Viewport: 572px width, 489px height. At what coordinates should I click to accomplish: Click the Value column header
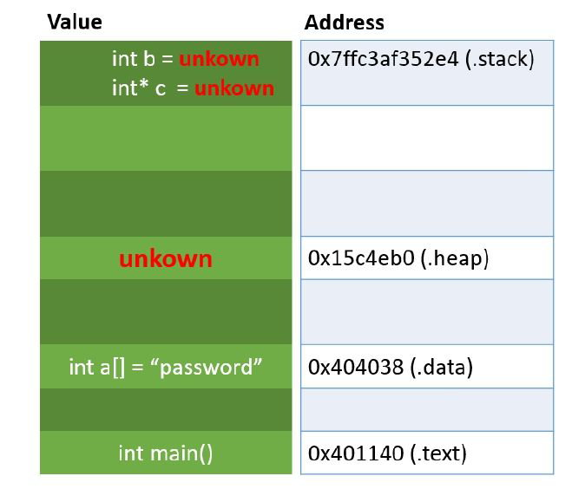[x=75, y=22]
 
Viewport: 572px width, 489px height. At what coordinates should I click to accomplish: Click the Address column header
[x=345, y=23]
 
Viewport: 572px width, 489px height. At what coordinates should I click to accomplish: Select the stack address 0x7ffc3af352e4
[x=383, y=59]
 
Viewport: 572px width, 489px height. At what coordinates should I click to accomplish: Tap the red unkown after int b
[x=220, y=59]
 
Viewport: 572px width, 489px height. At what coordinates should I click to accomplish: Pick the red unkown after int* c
[x=234, y=88]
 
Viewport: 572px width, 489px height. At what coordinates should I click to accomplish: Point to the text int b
[x=134, y=59]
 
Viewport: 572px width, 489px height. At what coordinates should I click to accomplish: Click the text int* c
[x=139, y=88]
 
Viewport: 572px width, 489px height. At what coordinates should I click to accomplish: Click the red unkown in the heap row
[x=166, y=259]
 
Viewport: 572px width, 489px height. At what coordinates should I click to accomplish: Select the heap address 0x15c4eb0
[x=361, y=258]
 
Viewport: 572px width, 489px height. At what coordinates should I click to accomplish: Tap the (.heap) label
[x=455, y=258]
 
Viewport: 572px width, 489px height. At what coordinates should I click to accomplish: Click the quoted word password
[x=206, y=367]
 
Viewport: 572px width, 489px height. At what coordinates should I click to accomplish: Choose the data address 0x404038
[x=356, y=367]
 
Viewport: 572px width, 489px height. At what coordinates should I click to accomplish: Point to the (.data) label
[x=442, y=368]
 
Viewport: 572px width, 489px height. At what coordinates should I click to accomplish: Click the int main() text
[x=166, y=453]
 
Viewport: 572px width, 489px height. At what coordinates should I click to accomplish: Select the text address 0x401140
[x=356, y=453]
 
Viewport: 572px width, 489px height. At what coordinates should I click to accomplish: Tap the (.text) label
[x=438, y=453]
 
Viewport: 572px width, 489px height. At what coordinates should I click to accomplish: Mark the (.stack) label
[x=500, y=60]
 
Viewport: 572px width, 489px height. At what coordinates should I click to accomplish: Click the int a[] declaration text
[x=96, y=367]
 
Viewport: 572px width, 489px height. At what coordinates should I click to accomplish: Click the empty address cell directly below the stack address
[x=427, y=138]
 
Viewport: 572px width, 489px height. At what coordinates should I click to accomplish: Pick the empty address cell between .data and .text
[x=427, y=409]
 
